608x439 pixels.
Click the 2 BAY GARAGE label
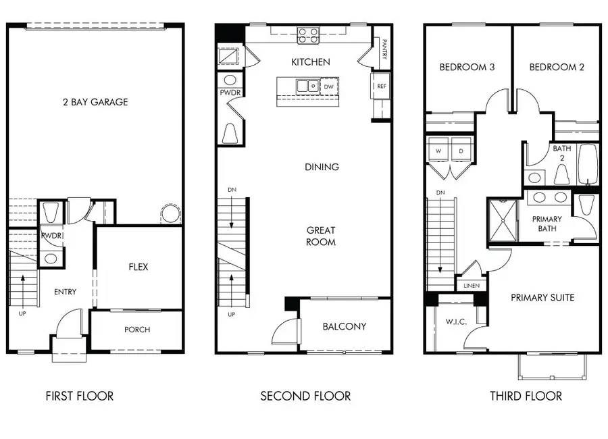pos(95,102)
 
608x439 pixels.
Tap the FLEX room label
pos(138,267)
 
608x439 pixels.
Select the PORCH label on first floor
pos(137,330)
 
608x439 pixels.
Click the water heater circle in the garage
pos(170,215)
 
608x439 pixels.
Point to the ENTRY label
pos(66,292)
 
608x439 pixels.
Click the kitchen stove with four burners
pos(309,34)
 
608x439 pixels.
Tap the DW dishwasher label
pos(329,86)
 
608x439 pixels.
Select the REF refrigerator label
pos(382,86)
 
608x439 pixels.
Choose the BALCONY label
pos(344,326)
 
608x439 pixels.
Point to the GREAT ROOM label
pos(322,236)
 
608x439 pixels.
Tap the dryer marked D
pos(462,151)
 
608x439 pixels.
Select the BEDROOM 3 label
pos(466,67)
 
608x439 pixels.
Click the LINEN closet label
pos(472,286)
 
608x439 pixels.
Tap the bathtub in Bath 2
pos(588,164)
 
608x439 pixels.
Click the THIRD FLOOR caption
pos(526,396)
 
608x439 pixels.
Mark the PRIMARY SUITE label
pos(542,297)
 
